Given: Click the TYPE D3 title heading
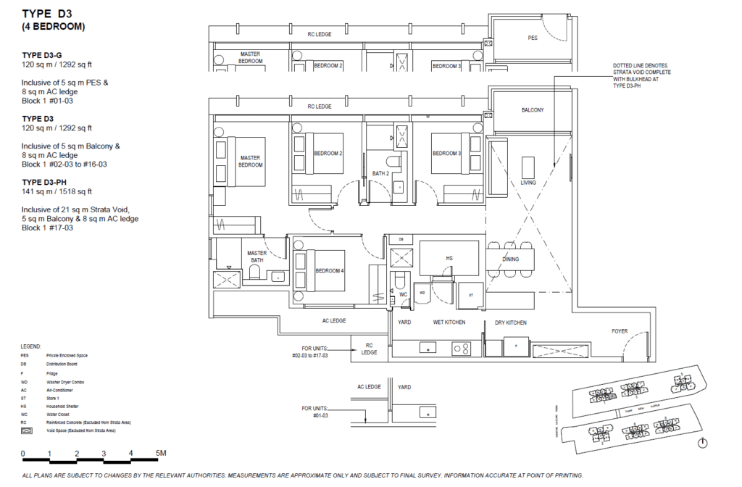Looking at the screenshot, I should pyautogui.click(x=50, y=14).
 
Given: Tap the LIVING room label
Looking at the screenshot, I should pyautogui.click(x=528, y=183).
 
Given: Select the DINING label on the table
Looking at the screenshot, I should pyautogui.click(x=511, y=259).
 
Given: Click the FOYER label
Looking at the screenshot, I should pyautogui.click(x=620, y=331).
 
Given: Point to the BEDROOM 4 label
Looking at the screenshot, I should pyautogui.click(x=330, y=271).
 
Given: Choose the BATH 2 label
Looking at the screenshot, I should pyautogui.click(x=380, y=174).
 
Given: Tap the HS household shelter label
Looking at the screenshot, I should pyautogui.click(x=449, y=258).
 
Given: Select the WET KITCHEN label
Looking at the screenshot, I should pyautogui.click(x=449, y=322).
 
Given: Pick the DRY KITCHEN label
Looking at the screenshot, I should pyautogui.click(x=511, y=322).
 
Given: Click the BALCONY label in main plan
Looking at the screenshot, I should pyautogui.click(x=532, y=110).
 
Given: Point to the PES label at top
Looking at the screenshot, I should pyautogui.click(x=532, y=38).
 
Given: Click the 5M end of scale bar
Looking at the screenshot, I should pyautogui.click(x=161, y=454).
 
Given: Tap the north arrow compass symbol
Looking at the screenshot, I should pyautogui.click(x=701, y=443).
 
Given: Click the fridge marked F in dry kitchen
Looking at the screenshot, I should pyautogui.click(x=515, y=346).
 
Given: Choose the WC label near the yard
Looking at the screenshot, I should pyautogui.click(x=403, y=294).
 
